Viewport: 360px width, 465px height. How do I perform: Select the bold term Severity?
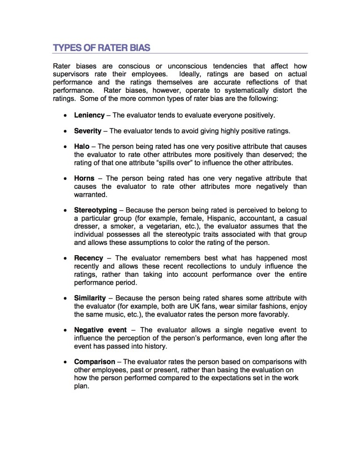(88, 131)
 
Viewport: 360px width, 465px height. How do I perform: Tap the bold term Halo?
(82, 147)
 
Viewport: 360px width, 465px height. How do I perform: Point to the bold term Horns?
(84, 178)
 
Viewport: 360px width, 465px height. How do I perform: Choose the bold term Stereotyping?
(96, 210)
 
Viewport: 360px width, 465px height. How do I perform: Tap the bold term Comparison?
(95, 362)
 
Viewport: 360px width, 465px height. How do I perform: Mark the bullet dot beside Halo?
(65, 147)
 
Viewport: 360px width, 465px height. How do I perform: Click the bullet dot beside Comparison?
(65, 362)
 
